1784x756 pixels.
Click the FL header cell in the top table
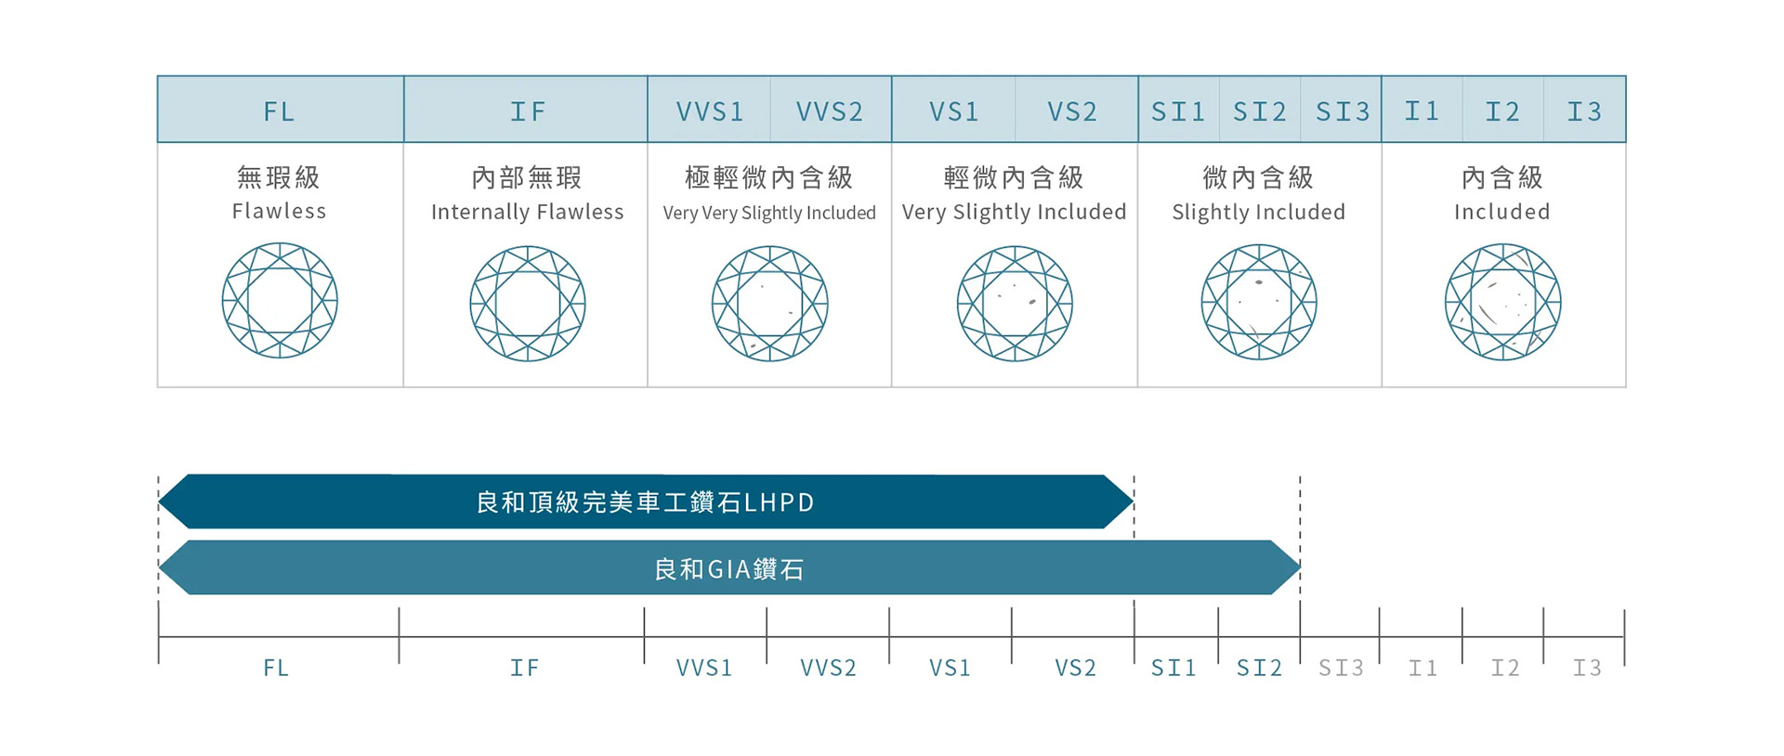(x=280, y=111)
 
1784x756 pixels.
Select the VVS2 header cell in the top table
(x=830, y=111)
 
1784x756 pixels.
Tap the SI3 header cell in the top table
(x=1342, y=111)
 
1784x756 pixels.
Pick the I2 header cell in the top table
(x=1502, y=111)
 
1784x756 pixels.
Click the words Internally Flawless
(x=527, y=212)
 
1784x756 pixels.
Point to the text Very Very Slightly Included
(x=769, y=213)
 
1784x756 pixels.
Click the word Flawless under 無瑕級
(x=279, y=211)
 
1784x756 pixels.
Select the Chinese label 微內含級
(x=1258, y=176)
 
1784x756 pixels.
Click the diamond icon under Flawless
(x=280, y=301)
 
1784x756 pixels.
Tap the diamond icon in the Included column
(x=1502, y=302)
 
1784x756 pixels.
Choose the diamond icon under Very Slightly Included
(x=1015, y=303)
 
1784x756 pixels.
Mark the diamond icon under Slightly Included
(x=1258, y=302)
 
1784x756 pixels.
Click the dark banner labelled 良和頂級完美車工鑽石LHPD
(x=645, y=502)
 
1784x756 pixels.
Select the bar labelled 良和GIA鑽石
(x=728, y=567)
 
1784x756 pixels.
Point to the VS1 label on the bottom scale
(x=950, y=667)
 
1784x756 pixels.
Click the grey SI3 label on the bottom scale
(x=1341, y=667)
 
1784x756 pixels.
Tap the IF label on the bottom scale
(x=524, y=667)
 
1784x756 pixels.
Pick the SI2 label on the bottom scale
(x=1259, y=667)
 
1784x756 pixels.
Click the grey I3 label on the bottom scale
(x=1586, y=667)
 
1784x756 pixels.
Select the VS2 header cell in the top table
(x=1072, y=111)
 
